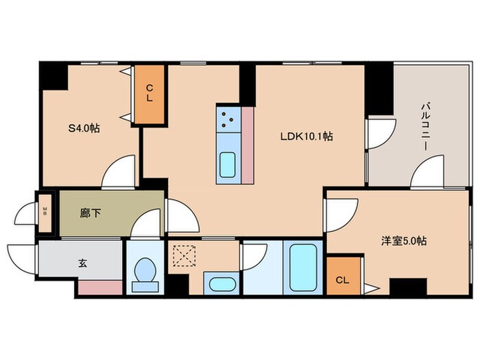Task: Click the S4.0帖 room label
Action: pyautogui.click(x=83, y=128)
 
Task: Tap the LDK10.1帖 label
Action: pyautogui.click(x=306, y=136)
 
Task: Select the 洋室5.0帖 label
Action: pyautogui.click(x=405, y=241)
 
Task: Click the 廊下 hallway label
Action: pyautogui.click(x=91, y=213)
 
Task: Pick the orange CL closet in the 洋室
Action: pyautogui.click(x=342, y=278)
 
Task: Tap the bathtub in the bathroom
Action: pyautogui.click(x=302, y=266)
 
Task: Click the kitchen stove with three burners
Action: pyautogui.click(x=228, y=121)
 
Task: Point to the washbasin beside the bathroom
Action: pyautogui.click(x=220, y=284)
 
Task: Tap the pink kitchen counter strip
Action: pyautogui.click(x=248, y=145)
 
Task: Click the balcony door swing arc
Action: pyautogui.click(x=427, y=171)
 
